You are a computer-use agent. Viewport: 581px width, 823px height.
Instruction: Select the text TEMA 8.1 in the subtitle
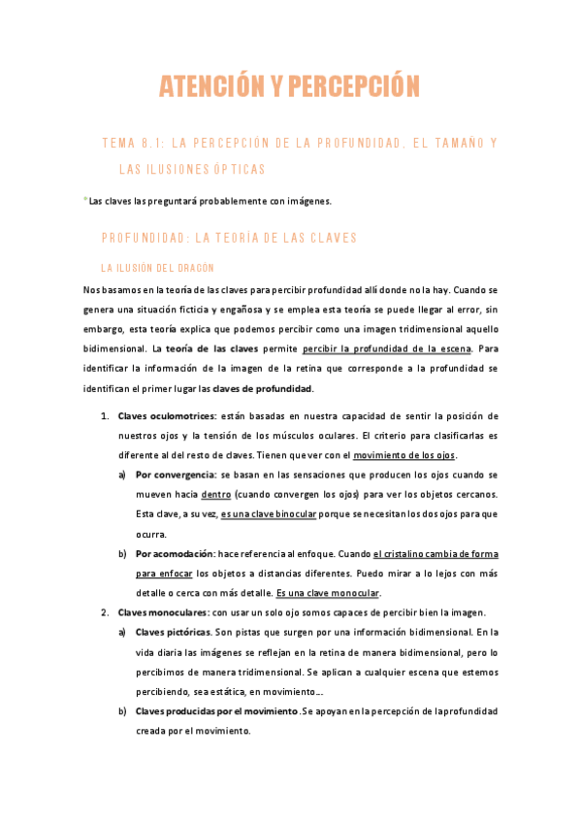129,144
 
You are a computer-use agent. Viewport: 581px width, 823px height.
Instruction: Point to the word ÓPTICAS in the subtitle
238,169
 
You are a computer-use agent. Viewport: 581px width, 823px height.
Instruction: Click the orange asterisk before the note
85,200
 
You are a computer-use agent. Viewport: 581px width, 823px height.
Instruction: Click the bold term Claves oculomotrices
156,416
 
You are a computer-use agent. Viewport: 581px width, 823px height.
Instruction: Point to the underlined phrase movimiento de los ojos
403,456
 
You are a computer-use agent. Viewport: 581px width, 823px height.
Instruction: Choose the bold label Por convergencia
176,476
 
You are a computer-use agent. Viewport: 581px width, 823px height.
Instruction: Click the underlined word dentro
215,494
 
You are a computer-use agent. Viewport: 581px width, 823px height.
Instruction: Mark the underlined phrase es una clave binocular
274,513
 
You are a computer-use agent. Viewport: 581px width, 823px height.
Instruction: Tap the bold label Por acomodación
177,553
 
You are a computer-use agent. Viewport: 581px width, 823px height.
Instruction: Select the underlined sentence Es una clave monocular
328,593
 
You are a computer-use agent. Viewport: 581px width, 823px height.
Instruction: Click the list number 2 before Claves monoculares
105,612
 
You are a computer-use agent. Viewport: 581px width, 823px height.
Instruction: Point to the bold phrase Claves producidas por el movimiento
216,711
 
